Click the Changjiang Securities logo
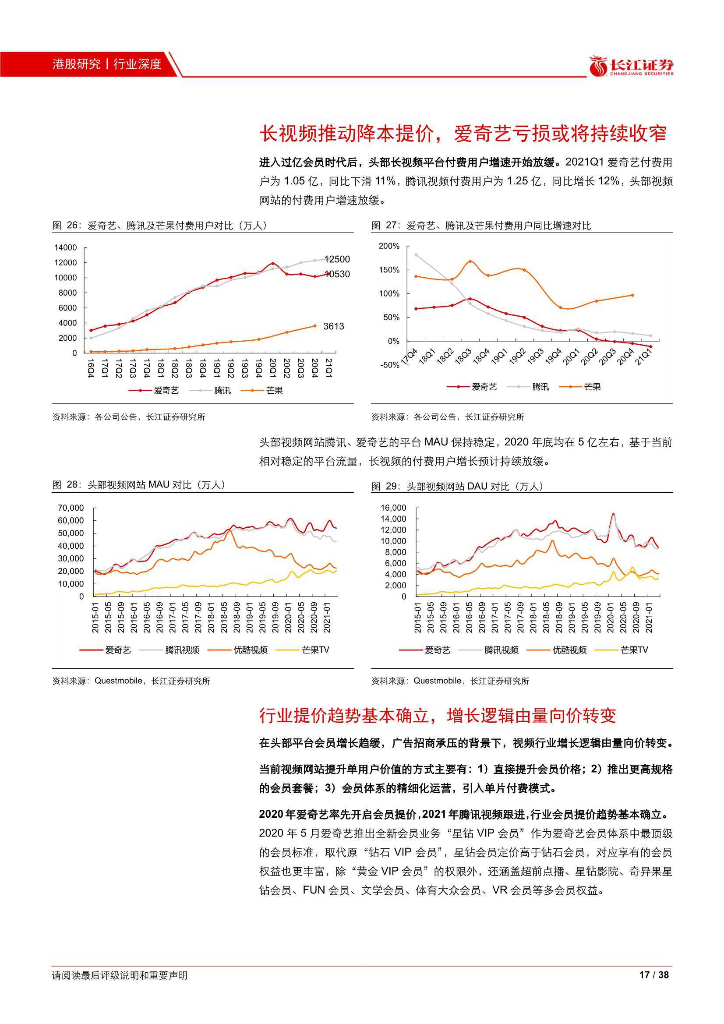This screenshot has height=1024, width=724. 632,66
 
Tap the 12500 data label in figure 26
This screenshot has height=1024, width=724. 337,259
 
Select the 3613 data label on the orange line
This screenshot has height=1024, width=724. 334,326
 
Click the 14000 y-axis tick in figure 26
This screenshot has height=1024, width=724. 66,247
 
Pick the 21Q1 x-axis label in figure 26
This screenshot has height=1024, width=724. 329,367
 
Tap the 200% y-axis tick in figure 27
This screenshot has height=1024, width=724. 389,246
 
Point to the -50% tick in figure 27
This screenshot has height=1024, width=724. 389,365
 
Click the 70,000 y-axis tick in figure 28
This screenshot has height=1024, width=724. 71,508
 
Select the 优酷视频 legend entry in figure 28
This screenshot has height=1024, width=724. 239,650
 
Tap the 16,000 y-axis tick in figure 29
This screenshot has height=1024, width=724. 393,508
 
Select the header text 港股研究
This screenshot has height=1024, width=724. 76,64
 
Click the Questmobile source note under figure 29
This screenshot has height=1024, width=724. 450,681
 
